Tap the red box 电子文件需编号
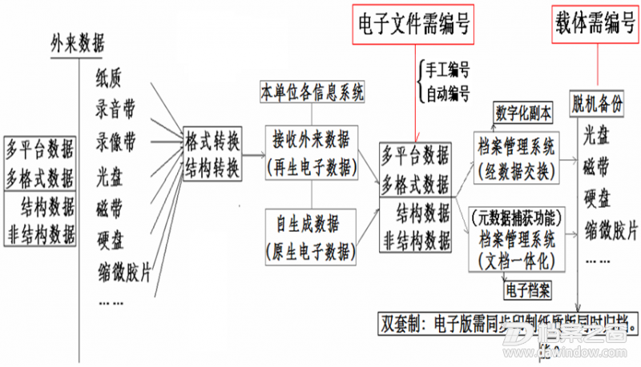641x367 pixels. tap(413, 26)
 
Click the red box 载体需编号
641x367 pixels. tap(595, 26)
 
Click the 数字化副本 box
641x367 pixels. tap(524, 113)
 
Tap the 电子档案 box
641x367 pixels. tap(527, 285)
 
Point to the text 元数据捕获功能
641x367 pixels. tap(518, 216)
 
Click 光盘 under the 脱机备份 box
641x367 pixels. tap(595, 133)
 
